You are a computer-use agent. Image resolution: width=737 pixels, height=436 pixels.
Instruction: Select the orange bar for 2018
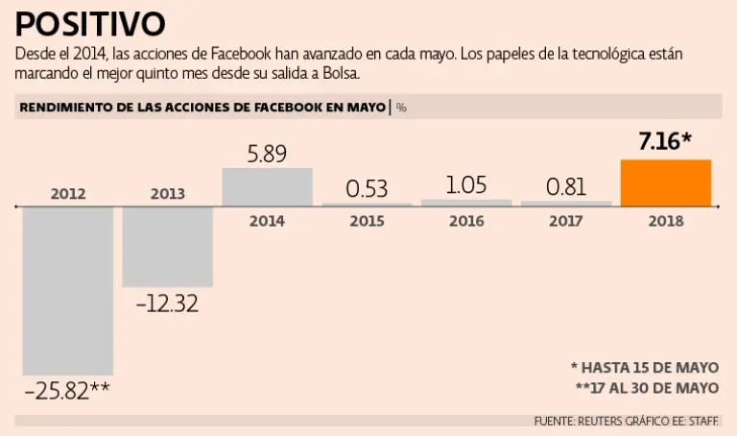click(666, 183)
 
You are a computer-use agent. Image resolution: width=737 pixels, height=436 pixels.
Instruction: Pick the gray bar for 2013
click(167, 247)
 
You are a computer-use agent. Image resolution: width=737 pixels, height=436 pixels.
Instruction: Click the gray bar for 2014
click(267, 187)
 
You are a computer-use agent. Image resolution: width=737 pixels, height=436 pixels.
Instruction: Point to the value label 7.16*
click(665, 142)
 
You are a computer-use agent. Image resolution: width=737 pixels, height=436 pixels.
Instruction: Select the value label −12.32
click(167, 303)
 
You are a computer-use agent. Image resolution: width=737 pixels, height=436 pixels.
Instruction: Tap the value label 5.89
click(267, 153)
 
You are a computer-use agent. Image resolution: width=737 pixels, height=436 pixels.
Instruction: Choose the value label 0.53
click(367, 187)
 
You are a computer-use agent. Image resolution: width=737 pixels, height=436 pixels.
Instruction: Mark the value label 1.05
click(466, 183)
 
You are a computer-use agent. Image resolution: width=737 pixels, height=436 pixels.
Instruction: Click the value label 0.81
click(566, 186)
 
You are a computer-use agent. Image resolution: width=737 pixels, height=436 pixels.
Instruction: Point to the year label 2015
click(367, 221)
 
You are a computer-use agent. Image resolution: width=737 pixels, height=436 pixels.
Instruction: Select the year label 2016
click(466, 221)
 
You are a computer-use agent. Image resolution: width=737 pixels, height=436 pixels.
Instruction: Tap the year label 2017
click(566, 221)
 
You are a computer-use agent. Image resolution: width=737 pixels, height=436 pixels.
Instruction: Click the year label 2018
click(666, 221)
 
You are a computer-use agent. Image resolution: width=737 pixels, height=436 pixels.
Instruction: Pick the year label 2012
click(67, 194)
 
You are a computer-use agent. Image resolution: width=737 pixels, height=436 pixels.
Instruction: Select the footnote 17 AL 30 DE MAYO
click(653, 387)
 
